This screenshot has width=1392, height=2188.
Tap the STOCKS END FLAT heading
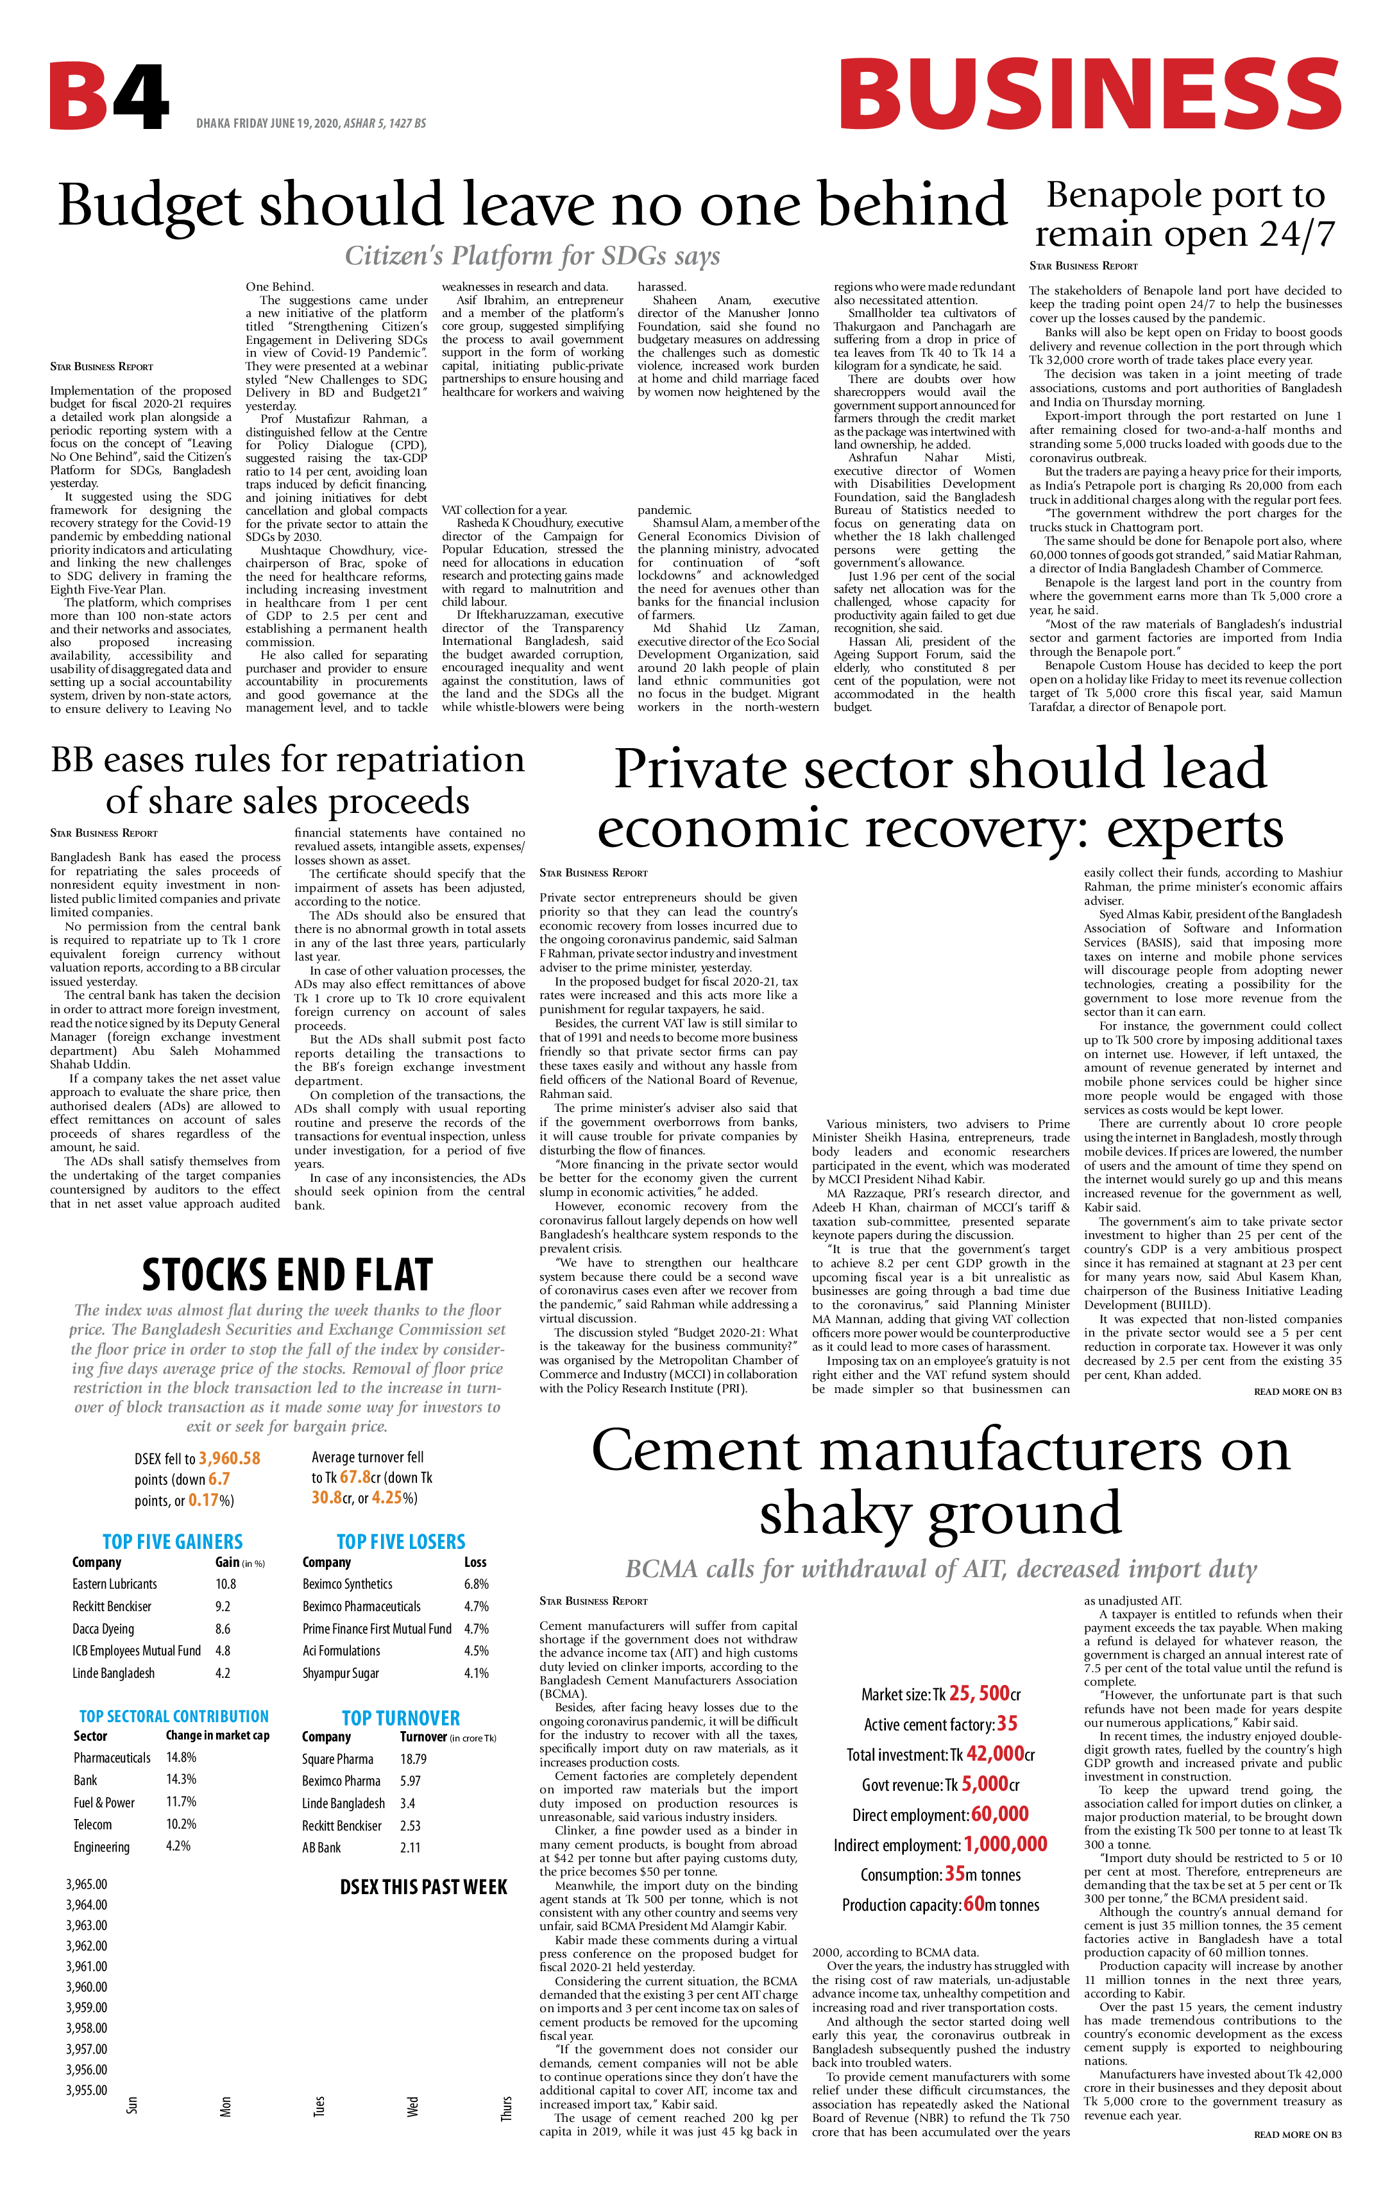pos(287,1276)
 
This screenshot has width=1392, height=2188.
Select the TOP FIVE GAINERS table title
pos(173,1541)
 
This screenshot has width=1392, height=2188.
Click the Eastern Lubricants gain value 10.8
pos(225,1584)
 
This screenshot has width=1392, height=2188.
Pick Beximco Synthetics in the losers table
pos(347,1584)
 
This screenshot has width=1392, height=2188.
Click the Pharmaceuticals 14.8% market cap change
pos(181,1757)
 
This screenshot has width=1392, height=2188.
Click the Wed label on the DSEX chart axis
pos(412,2107)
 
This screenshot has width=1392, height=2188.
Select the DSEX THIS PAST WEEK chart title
pos(423,1887)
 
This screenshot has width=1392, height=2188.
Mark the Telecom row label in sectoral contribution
pos(92,1825)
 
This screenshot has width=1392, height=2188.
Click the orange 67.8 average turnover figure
pos(354,1478)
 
